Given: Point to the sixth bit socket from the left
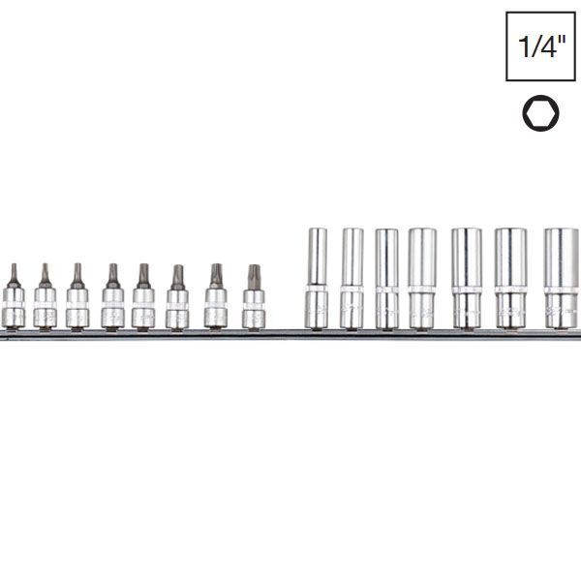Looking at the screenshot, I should coord(177,300).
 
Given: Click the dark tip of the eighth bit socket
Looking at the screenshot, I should coord(254,275).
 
